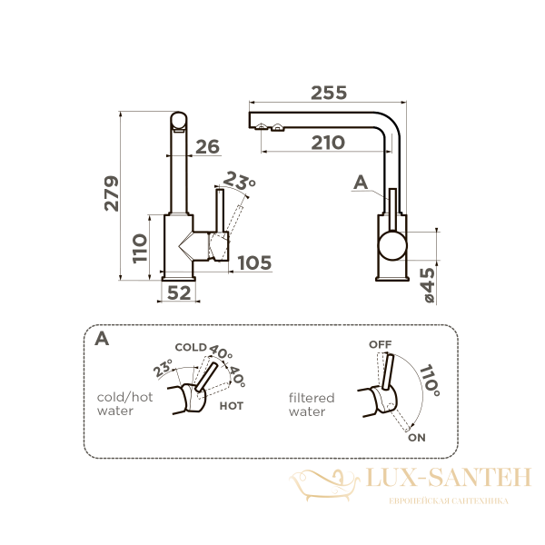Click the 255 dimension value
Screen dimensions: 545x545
[329, 93]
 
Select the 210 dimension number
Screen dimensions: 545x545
[328, 143]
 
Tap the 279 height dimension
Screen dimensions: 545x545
[112, 193]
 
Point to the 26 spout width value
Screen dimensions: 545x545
[207, 146]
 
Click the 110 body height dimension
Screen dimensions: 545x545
[140, 249]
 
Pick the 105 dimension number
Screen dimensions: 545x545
[254, 263]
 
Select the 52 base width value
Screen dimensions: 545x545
[179, 293]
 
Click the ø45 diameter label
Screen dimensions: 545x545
[429, 285]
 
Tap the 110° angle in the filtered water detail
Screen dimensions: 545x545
[431, 381]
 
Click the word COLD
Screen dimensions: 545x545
[191, 347]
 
